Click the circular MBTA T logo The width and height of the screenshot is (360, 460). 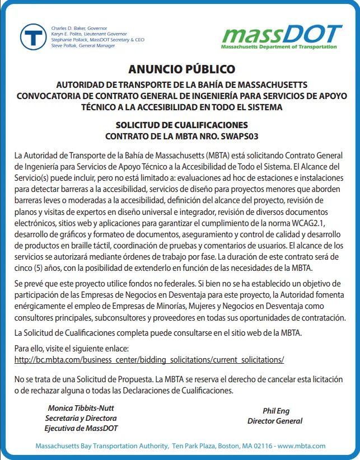tap(34, 37)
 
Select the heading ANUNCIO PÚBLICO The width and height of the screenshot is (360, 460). tap(181, 69)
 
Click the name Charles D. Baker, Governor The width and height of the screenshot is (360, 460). tap(79, 28)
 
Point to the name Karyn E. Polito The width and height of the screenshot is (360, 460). tap(71, 34)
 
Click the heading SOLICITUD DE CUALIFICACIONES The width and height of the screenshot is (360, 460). tap(181, 125)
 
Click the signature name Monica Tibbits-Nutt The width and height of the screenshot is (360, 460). tap(81, 408)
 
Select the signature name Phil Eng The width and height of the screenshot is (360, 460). tap(276, 411)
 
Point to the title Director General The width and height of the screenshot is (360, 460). tap(275, 421)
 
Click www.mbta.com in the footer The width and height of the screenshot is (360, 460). tap(302, 446)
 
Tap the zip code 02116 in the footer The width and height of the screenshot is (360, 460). tap(261, 446)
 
